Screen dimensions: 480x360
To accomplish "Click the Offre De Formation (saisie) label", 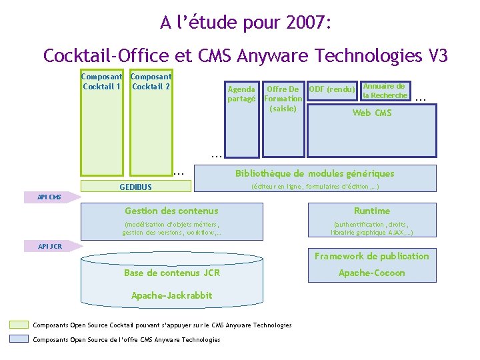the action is click(x=283, y=99).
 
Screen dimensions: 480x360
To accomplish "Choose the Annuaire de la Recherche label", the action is click(x=384, y=91).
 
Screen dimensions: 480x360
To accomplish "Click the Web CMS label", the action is click(x=371, y=113).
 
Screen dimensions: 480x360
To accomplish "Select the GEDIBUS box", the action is click(x=135, y=187).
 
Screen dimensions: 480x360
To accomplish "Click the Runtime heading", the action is click(x=372, y=211).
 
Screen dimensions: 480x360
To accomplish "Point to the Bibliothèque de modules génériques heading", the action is click(x=315, y=174).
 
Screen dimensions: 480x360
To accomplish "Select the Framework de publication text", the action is click(x=372, y=256).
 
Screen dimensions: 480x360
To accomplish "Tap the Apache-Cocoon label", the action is click(x=372, y=273).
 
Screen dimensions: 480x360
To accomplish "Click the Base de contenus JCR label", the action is click(x=172, y=273).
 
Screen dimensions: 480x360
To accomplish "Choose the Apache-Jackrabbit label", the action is click(x=172, y=295).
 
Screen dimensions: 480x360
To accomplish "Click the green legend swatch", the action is click(x=19, y=325).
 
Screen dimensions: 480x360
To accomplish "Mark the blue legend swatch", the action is click(x=19, y=339).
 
